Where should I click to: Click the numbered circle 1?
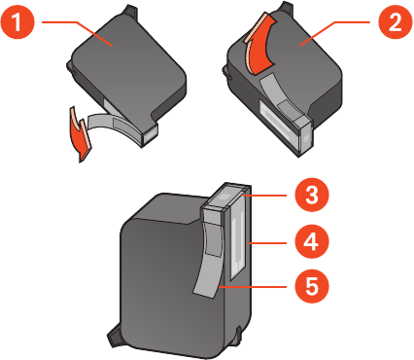tap(17, 23)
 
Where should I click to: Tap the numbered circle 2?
tap(396, 23)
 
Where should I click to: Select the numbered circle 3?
tap(312, 196)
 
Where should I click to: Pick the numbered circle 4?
tap(312, 241)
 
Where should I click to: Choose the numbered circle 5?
tap(312, 286)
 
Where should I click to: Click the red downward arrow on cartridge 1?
tap(81, 134)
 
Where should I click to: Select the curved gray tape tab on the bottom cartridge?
tap(210, 260)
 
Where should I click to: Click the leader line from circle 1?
tap(77, 31)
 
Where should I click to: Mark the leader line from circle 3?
tap(265, 196)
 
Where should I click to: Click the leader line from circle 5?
tap(253, 287)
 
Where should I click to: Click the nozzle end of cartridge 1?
tap(149, 133)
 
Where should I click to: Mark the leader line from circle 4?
tap(268, 243)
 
